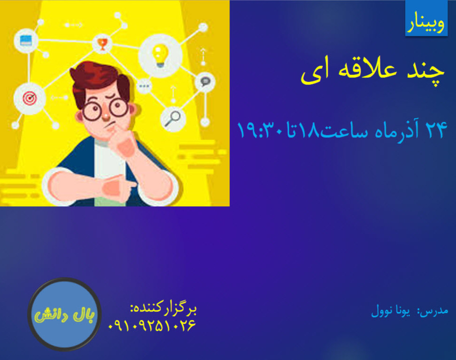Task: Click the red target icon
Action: click(x=30, y=99)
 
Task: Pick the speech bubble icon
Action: click(x=204, y=82)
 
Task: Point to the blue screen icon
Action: click(x=26, y=41)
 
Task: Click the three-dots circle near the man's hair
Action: click(x=144, y=86)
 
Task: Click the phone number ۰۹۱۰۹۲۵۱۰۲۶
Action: click(x=152, y=326)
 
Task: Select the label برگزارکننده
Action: click(x=163, y=310)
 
